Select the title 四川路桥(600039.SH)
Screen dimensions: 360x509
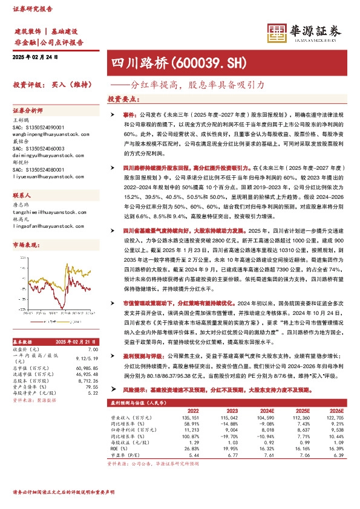coord(162,62)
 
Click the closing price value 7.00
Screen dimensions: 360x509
coord(93,350)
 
